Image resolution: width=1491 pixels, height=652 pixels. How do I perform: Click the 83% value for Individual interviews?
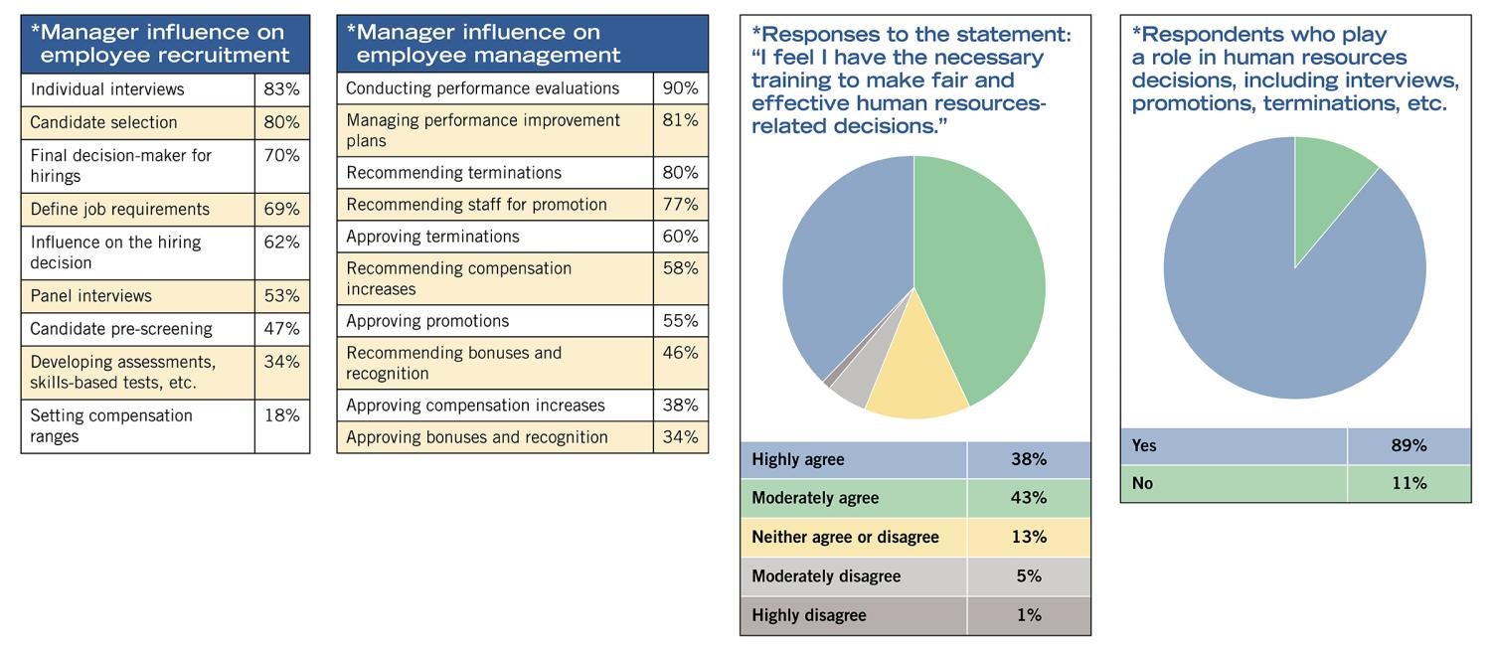(x=281, y=89)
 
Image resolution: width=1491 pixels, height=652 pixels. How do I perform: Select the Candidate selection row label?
(x=103, y=122)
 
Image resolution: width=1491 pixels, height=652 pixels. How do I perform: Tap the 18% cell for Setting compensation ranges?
(x=281, y=415)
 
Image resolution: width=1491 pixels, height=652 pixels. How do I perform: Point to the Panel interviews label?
(x=90, y=296)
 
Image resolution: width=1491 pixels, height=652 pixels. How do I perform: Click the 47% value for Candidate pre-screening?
(x=281, y=329)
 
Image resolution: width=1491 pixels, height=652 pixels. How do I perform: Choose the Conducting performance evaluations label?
(x=482, y=88)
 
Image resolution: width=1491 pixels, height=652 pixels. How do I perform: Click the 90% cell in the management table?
(x=680, y=88)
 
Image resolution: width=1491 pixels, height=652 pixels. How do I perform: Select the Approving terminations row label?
(x=432, y=237)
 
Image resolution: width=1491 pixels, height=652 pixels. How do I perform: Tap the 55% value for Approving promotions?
(x=680, y=321)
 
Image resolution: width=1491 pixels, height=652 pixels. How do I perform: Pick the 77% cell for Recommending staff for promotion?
(x=680, y=205)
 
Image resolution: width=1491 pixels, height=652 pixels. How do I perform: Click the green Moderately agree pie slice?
(x=984, y=278)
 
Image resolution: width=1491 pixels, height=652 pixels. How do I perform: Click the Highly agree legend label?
(x=798, y=459)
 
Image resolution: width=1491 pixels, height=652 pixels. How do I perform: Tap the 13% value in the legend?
(x=1028, y=537)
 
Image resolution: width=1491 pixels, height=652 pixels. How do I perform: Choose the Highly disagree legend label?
(x=808, y=615)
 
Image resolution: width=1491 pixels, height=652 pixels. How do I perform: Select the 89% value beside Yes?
(x=1408, y=446)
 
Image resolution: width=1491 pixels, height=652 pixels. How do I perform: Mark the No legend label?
(x=1142, y=484)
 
